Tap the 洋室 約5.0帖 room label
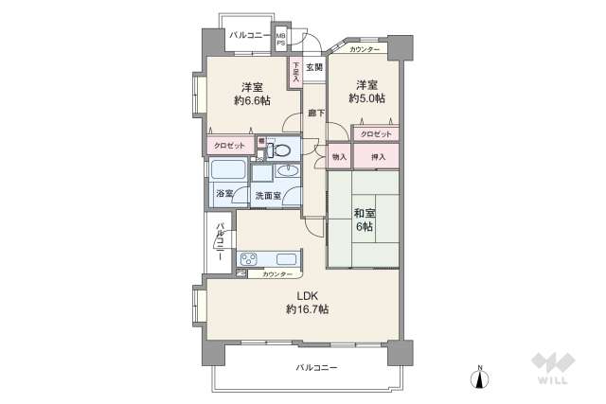point(365,90)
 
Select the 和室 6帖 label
point(363,219)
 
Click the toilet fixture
point(280,149)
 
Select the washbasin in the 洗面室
point(288,171)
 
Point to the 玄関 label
point(314,66)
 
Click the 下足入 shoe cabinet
point(295,73)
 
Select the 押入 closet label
point(377,155)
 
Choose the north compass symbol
point(481,378)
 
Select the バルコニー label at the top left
point(250,35)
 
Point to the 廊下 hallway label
point(316,114)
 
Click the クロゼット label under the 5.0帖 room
point(377,133)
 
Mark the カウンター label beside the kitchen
point(277,273)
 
